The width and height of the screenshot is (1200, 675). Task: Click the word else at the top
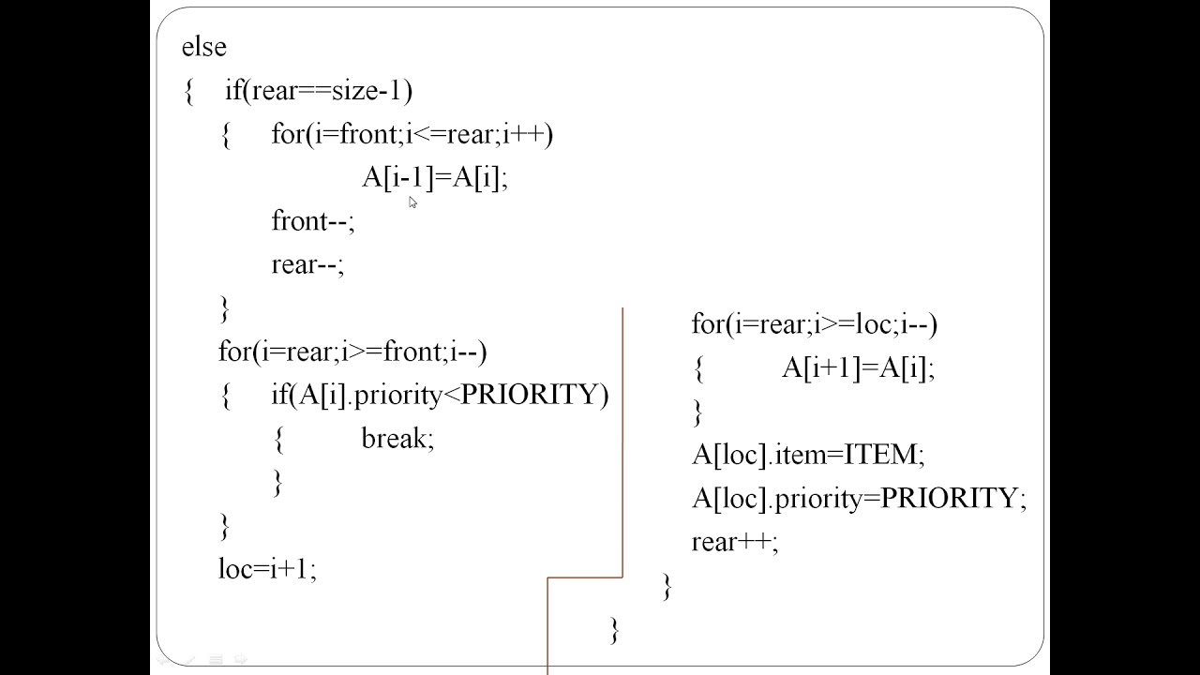coord(203,47)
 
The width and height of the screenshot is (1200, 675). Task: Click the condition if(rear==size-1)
coord(318,91)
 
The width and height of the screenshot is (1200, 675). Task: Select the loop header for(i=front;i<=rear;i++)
coord(412,134)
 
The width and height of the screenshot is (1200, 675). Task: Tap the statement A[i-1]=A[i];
coord(434,177)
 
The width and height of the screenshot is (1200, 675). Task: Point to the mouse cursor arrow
coord(412,202)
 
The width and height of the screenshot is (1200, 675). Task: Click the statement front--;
coord(312,221)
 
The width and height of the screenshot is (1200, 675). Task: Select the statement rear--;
coord(307,264)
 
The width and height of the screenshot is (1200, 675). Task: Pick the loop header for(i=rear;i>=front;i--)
coord(352,352)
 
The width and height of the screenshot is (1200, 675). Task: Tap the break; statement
coord(397,439)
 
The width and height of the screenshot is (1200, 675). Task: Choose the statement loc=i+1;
coord(267,569)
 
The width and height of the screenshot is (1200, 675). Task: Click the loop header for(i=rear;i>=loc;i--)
coord(814,324)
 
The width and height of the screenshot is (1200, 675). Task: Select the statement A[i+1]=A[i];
coord(858,368)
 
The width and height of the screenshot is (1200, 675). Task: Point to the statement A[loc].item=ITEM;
coord(808,455)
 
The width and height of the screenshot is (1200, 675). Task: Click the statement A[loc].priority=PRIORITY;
coord(859,498)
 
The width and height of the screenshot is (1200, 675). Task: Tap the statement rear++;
coord(735,542)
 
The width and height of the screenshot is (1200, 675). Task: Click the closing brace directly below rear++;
coord(667,587)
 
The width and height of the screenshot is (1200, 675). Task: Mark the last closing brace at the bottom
coord(615,629)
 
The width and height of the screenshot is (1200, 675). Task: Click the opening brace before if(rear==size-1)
coord(189,92)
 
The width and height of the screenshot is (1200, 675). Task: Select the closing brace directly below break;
coord(277,482)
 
